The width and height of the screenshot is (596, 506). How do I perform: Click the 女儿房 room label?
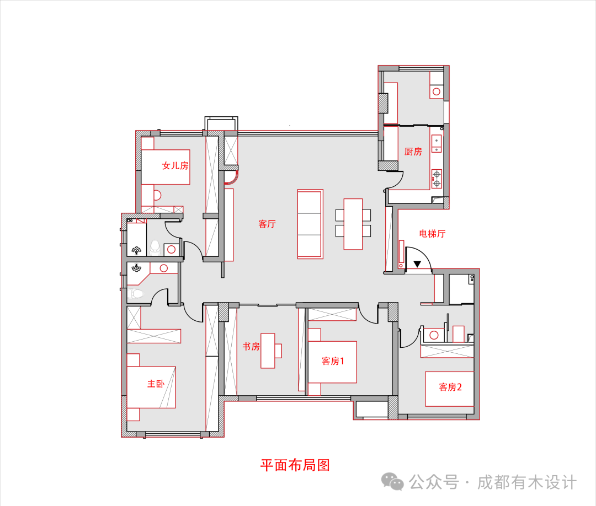175,165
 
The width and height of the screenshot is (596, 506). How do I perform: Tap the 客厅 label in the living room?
267,224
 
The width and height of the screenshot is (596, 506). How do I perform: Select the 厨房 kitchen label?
413,152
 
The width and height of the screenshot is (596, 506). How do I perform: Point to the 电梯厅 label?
432,234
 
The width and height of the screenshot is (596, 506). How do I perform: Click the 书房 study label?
251,347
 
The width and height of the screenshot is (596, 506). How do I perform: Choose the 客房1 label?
333,362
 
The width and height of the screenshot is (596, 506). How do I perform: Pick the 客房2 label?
450,387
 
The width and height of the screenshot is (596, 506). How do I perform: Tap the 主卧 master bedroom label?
155,384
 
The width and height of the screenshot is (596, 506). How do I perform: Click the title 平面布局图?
295,465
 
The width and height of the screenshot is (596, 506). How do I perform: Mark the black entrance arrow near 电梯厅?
418,264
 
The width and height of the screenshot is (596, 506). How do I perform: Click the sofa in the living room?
310,224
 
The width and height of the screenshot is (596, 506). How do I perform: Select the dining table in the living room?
353,224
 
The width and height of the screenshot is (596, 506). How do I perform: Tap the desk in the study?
268,351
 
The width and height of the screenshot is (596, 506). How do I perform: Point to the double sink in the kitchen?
437,143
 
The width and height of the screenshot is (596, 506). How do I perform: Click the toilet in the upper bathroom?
155,247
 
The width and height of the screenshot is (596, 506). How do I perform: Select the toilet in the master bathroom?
136,294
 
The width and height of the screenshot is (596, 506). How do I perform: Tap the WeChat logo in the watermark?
394,482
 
